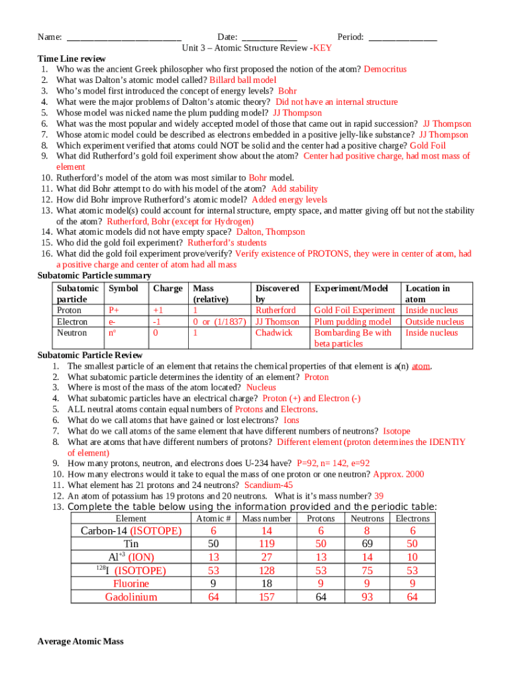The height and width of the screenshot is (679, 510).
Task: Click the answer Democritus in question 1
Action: click(x=385, y=69)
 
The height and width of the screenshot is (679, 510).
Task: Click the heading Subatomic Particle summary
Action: click(x=94, y=275)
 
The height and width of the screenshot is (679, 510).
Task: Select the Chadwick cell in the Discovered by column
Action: click(x=274, y=333)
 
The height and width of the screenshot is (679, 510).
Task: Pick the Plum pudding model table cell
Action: click(x=352, y=322)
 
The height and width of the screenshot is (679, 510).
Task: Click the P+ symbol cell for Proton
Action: click(x=113, y=310)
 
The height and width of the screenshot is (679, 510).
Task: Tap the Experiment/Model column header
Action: click(x=350, y=288)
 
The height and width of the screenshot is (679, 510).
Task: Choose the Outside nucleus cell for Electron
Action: click(x=434, y=322)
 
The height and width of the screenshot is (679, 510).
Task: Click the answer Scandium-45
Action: click(x=268, y=485)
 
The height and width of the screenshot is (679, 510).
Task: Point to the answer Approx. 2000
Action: click(x=399, y=474)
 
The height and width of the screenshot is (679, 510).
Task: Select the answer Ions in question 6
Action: click(x=291, y=420)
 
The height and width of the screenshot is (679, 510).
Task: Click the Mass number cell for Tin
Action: click(x=266, y=544)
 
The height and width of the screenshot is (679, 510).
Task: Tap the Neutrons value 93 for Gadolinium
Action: click(x=367, y=597)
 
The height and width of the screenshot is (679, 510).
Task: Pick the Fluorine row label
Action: click(x=131, y=584)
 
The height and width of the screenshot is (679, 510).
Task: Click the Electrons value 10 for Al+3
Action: click(x=413, y=557)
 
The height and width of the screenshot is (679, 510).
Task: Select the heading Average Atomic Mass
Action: click(x=80, y=641)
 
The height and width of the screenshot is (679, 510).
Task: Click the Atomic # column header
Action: click(x=213, y=518)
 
